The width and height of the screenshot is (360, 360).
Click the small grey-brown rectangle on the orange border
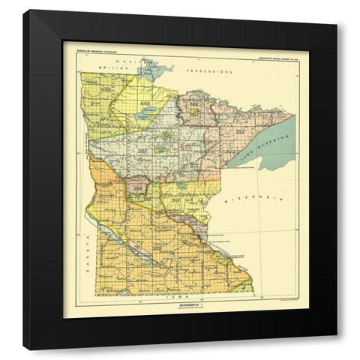[137, 184]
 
